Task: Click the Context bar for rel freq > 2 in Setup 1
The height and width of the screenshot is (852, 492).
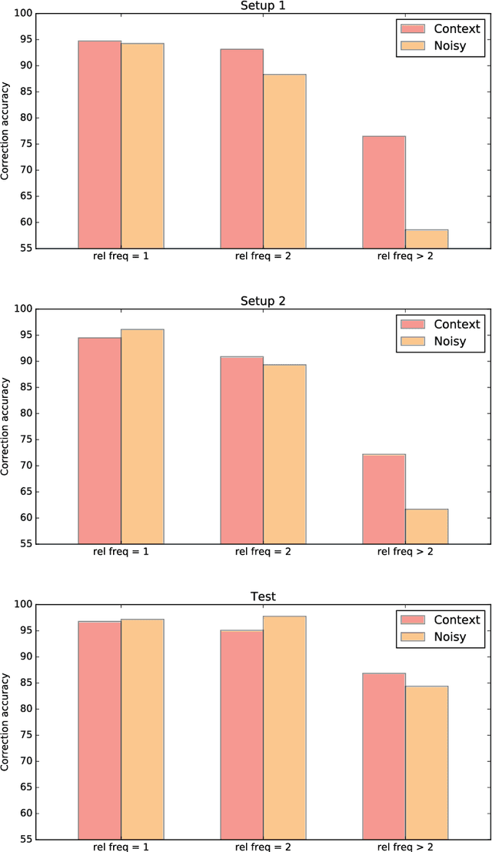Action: pyautogui.click(x=384, y=192)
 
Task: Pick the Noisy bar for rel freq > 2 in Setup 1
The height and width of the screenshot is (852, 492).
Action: pyautogui.click(x=427, y=239)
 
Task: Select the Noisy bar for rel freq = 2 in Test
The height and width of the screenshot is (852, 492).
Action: pyautogui.click(x=284, y=727)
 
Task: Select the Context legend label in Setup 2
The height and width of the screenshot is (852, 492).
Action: pyautogui.click(x=457, y=324)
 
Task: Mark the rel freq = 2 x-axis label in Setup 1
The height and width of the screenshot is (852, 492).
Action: pyautogui.click(x=263, y=256)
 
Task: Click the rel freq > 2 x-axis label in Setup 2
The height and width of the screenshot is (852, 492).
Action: pyautogui.click(x=405, y=551)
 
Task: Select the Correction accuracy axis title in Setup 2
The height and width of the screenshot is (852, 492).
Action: pyautogui.click(x=6, y=426)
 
